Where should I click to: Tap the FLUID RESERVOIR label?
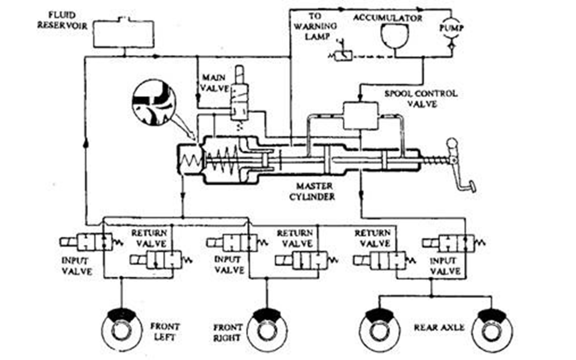click(x=61, y=21)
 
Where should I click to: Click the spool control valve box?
click(x=360, y=115)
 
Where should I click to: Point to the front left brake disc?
click(x=120, y=329)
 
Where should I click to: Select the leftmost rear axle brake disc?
click(x=379, y=329)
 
